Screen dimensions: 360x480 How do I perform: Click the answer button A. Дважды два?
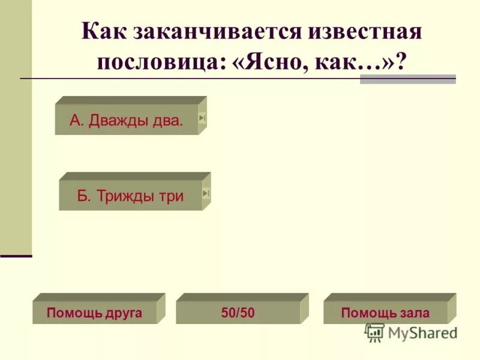point(126,120)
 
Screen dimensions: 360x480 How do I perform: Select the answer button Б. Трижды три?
point(130,196)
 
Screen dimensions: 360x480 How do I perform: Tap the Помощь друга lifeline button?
point(94,313)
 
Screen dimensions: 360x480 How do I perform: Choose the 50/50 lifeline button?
point(238,313)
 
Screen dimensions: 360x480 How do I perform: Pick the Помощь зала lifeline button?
point(385,313)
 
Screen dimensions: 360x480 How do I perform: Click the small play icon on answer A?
point(202,118)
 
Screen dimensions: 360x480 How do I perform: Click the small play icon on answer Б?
point(206,193)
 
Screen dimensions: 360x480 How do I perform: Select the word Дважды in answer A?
point(115,120)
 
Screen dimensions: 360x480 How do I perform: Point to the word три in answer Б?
point(172,196)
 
